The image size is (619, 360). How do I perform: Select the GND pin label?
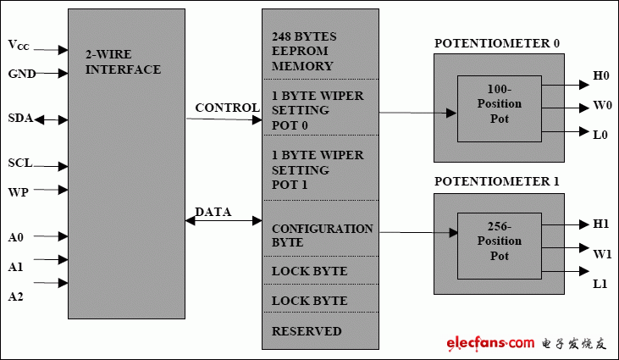tap(22, 74)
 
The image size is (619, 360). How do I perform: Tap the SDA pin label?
tap(19, 119)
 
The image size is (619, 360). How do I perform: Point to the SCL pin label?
tap(20, 163)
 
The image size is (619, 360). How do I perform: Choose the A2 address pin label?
tap(16, 296)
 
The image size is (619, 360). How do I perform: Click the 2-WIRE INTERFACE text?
tap(123, 62)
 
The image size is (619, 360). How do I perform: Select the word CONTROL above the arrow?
tap(227, 108)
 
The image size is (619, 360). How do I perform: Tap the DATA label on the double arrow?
tap(213, 212)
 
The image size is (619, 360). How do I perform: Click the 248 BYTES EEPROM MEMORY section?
tap(303, 52)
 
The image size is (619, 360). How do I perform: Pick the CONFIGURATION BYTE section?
tap(322, 235)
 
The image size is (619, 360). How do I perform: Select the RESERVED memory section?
tap(307, 331)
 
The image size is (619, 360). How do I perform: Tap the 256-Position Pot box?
tap(500, 242)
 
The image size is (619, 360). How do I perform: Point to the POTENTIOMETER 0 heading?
tap(497, 44)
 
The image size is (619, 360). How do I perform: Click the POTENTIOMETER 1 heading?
tap(497, 181)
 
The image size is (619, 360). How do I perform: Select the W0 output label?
tap(601, 108)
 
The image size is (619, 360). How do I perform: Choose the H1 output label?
tap(601, 224)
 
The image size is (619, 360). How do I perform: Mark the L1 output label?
tap(600, 282)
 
